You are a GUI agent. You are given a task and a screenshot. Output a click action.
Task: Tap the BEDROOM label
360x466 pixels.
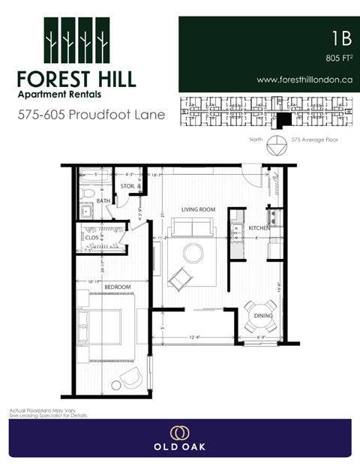click(x=118, y=287)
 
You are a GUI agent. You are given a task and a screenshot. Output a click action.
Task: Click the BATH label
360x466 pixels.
click(x=103, y=200)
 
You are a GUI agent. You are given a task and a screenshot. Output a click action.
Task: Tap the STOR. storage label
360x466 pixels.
click(x=127, y=185)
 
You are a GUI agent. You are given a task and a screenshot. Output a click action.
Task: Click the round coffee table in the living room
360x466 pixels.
click(x=193, y=253)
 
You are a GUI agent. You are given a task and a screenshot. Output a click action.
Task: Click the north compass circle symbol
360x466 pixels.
click(x=278, y=142)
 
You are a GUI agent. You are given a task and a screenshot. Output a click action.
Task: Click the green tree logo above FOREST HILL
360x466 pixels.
click(x=76, y=41)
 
